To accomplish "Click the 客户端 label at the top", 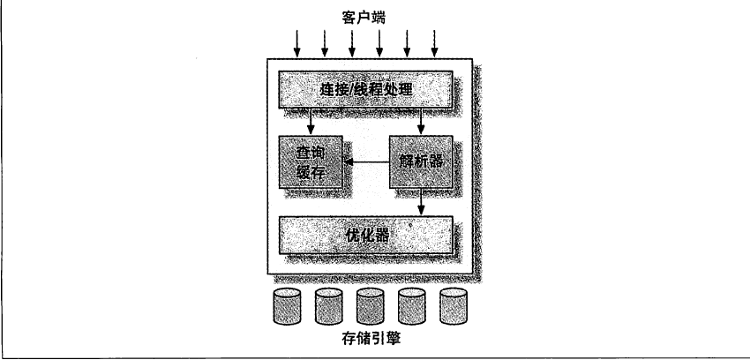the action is click(x=364, y=18).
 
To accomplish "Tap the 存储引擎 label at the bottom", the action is click(x=371, y=339).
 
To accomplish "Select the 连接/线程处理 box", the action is click(x=365, y=89).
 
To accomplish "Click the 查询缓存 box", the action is click(x=311, y=162).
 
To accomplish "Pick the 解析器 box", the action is click(x=421, y=162).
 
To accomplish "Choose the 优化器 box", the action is click(x=365, y=235).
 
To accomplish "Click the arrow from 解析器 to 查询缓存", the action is click(x=367, y=162).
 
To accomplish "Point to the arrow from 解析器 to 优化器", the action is click(x=421, y=202).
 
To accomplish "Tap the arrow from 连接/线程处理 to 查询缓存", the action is click(x=311, y=122).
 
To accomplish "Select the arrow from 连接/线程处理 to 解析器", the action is click(x=421, y=122).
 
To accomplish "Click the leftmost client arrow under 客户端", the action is click(x=297, y=43).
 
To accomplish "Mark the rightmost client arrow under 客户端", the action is click(x=434, y=43).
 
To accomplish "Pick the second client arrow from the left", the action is click(x=325, y=43).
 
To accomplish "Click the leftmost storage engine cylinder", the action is click(x=287, y=306).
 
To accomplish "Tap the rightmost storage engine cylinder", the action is click(x=454, y=306).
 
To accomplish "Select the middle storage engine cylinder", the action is click(x=371, y=306).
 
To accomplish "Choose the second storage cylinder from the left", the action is click(x=328, y=306).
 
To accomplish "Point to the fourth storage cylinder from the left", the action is click(x=412, y=306).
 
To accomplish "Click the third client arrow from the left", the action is click(x=352, y=43).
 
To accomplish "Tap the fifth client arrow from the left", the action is click(x=407, y=43).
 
